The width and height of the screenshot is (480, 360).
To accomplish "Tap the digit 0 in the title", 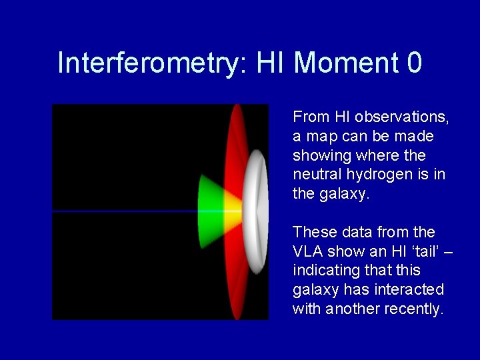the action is point(415,62).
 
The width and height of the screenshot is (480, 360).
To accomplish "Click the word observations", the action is point(401,117).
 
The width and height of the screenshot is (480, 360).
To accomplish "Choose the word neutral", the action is point(317,174).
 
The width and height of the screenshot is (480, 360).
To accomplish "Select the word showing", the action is point(322,156).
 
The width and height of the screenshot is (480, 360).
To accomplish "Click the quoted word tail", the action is point(425,251).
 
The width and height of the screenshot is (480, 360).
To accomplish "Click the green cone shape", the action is point(210,211).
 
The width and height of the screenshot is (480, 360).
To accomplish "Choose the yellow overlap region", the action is point(233,211).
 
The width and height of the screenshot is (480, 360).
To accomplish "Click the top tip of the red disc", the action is point(237,105).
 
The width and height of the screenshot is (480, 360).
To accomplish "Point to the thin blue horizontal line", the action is point(125,211).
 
